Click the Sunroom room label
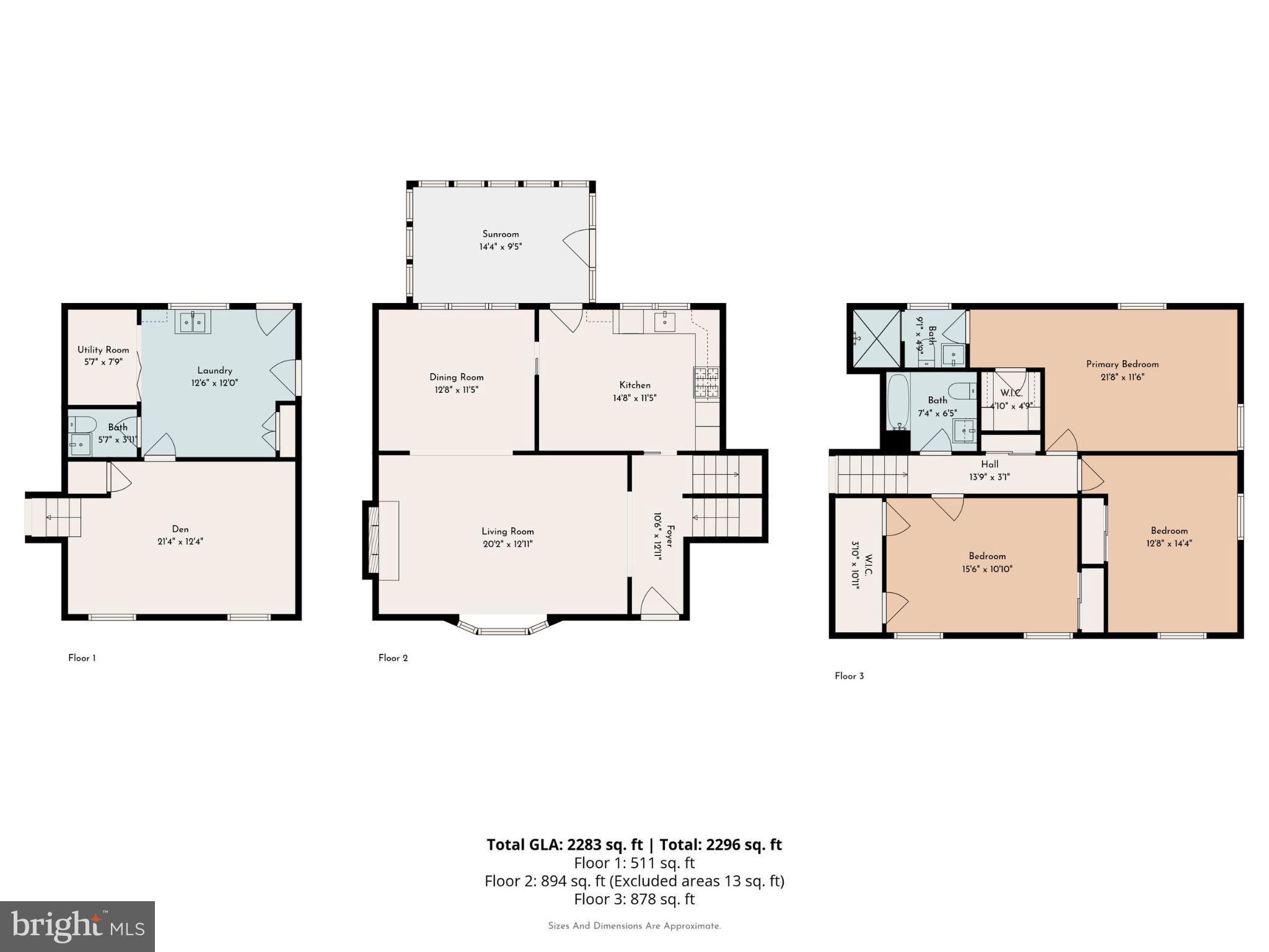[x=500, y=234]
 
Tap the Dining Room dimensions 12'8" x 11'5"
[x=456, y=390]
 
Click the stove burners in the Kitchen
[x=706, y=382]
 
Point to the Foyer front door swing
[x=659, y=601]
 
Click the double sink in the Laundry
[x=193, y=322]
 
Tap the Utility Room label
[x=103, y=350]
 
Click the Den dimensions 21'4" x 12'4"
[x=180, y=541]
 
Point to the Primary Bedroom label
[x=1122, y=364]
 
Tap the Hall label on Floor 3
[x=989, y=464]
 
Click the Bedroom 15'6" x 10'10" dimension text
[x=986, y=568]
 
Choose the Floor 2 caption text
[x=393, y=658]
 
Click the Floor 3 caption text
[x=849, y=676]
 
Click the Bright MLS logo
[x=77, y=926]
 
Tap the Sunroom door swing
[x=576, y=248]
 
